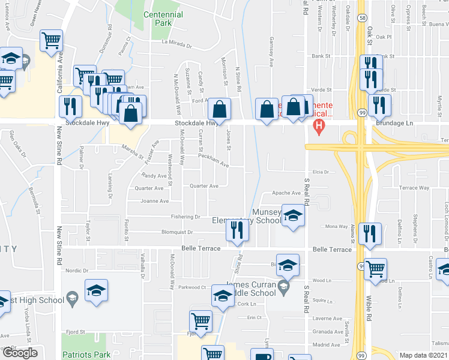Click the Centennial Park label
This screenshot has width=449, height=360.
point(158,19)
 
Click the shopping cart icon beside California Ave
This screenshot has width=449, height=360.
point(52,41)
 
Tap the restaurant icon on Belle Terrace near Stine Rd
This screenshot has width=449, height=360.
point(239,230)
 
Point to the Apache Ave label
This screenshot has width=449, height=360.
point(287,193)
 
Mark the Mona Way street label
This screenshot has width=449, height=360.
point(336,226)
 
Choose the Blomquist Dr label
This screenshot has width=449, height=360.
point(177,232)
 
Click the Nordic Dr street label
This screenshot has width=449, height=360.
point(77,270)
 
